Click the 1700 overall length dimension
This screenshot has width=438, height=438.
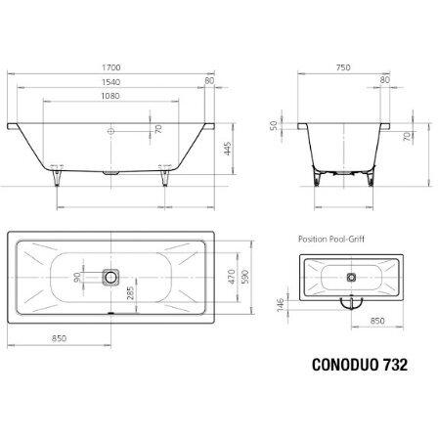coord(111,67)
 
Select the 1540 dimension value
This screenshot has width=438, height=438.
coord(110,82)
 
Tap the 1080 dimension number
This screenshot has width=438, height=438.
coord(110,96)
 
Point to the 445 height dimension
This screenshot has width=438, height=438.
coord(228,149)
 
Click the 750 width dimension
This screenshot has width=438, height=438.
coord(343,67)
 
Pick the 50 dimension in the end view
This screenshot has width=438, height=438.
coord(274,125)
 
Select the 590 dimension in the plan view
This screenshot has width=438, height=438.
coord(245,277)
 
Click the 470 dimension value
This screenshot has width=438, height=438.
coord(231,277)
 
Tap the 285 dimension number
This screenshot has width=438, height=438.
coord(130,293)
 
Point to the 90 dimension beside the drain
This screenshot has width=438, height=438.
coord(77,278)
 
